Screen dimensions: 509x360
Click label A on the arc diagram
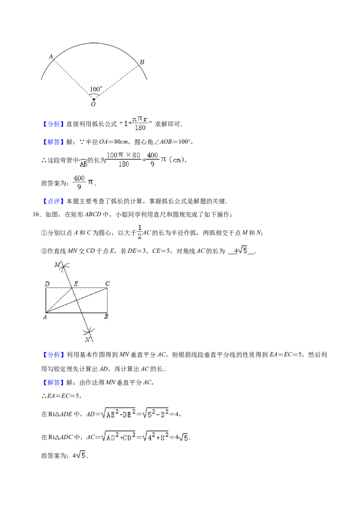(51, 57)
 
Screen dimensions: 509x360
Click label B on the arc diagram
(142, 62)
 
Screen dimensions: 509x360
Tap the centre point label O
(93, 104)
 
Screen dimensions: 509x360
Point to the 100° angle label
(96, 89)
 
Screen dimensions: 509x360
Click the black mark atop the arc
(94, 41)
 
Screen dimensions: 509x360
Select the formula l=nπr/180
(137, 123)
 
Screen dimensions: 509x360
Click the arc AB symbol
(82, 163)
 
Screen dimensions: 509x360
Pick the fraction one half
(139, 232)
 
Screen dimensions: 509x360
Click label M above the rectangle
(57, 264)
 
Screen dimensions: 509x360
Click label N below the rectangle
(87, 339)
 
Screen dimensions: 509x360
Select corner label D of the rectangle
(47, 284)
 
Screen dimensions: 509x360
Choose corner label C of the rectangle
(108, 284)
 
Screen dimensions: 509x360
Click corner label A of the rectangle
(45, 317)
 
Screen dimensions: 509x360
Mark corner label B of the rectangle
(106, 317)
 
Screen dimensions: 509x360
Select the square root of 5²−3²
(155, 412)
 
